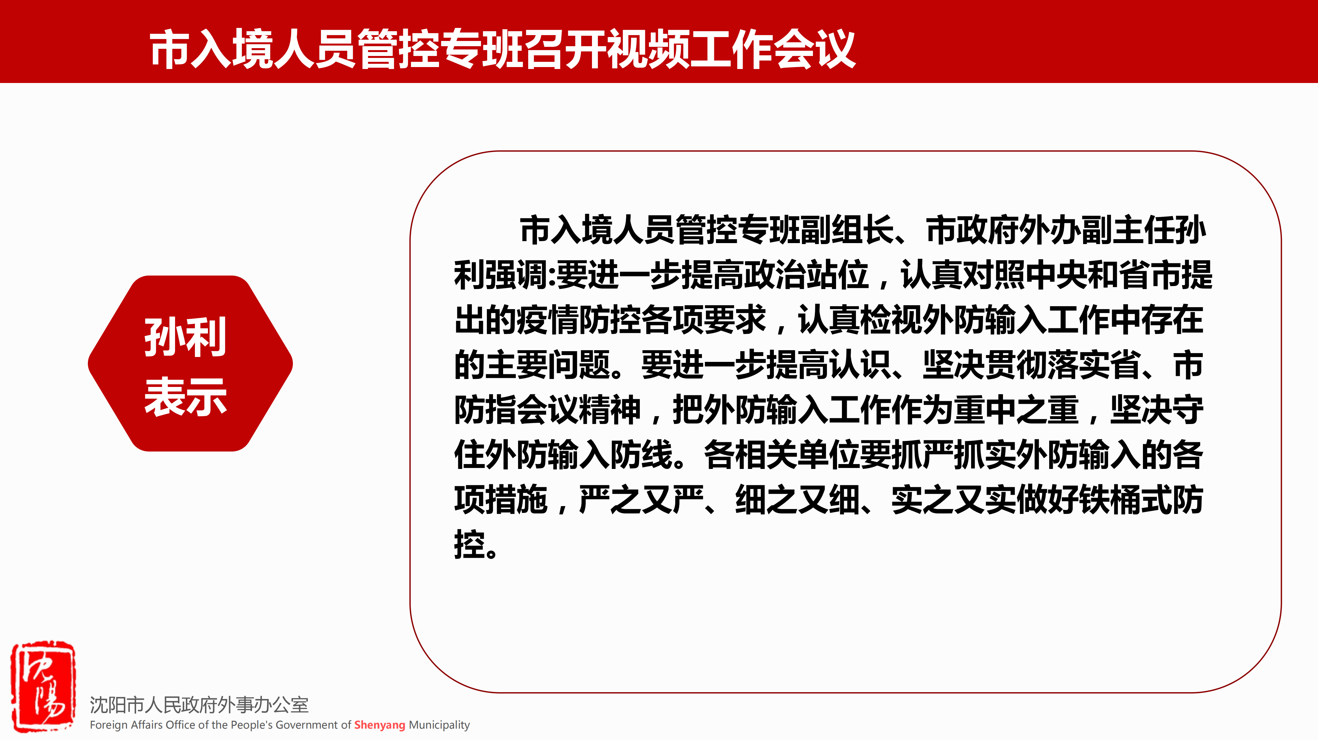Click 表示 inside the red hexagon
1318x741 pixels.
[185, 397]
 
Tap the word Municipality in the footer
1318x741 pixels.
[439, 725]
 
